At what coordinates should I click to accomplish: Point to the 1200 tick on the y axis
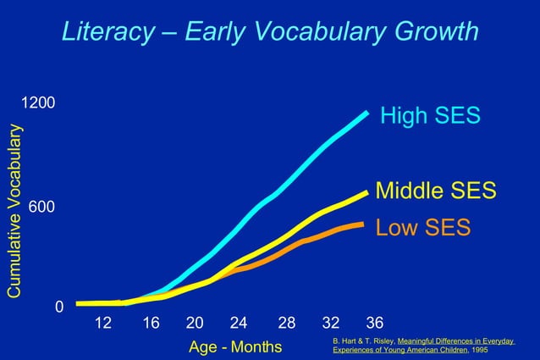point(38,103)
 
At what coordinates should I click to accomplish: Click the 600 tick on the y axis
point(42,208)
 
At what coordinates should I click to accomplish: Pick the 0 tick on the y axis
point(58,307)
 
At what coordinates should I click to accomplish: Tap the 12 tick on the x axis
point(102,323)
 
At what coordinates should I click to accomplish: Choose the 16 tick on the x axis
point(151,323)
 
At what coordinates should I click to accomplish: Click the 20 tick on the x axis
point(194,323)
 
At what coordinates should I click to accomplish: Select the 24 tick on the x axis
point(239,323)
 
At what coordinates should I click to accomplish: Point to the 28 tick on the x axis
point(287,323)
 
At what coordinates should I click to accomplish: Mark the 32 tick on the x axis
point(331,323)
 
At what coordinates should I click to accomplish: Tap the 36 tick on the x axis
point(375,323)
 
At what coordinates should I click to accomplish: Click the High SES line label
point(430,116)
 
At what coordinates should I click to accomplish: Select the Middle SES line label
point(435,190)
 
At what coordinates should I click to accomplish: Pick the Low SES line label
point(422,228)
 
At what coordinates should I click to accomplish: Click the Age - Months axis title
point(235,347)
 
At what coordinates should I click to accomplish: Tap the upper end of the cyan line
point(366,113)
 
